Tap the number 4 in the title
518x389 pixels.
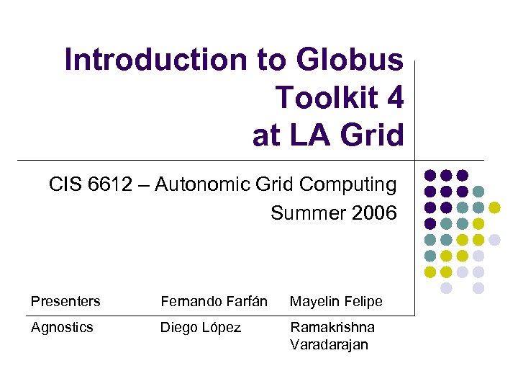(395, 97)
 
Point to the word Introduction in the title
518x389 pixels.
(155, 60)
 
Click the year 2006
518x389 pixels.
(371, 213)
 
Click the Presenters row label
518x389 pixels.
(65, 301)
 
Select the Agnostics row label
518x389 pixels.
(62, 327)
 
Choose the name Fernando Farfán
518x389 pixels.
(214, 301)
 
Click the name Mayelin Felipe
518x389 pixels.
(336, 301)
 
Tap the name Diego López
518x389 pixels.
(201, 328)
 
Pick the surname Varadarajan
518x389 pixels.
(329, 344)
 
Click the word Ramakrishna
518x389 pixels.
(332, 327)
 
